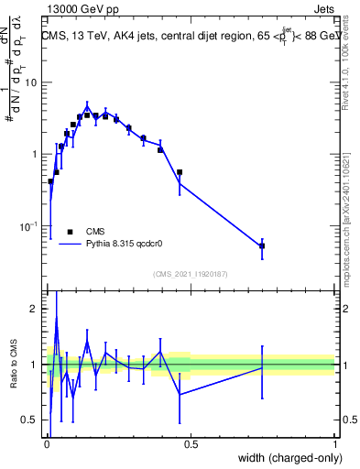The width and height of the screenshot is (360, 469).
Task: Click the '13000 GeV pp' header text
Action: (x=78, y=7)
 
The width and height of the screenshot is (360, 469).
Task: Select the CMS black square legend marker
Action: (x=70, y=232)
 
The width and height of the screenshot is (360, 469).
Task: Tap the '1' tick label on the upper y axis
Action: (x=35, y=154)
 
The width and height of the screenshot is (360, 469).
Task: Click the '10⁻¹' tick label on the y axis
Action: (x=28, y=226)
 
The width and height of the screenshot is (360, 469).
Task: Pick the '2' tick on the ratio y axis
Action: (x=35, y=309)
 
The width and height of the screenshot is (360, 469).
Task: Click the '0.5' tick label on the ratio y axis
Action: (x=30, y=420)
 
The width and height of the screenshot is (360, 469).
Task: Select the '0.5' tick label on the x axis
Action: (x=191, y=444)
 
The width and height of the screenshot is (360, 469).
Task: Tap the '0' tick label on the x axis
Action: (x=47, y=444)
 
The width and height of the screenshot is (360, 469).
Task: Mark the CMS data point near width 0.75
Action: (x=262, y=245)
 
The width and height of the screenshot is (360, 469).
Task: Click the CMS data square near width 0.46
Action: (x=180, y=172)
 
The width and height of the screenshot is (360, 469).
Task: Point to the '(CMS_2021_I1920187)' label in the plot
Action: (x=190, y=274)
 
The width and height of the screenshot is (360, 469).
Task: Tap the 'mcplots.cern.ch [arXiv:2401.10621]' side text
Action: (x=346, y=211)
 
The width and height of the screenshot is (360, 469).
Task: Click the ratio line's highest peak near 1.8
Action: (x=56, y=320)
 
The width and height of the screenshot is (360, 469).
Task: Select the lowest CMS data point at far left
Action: (x=50, y=181)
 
